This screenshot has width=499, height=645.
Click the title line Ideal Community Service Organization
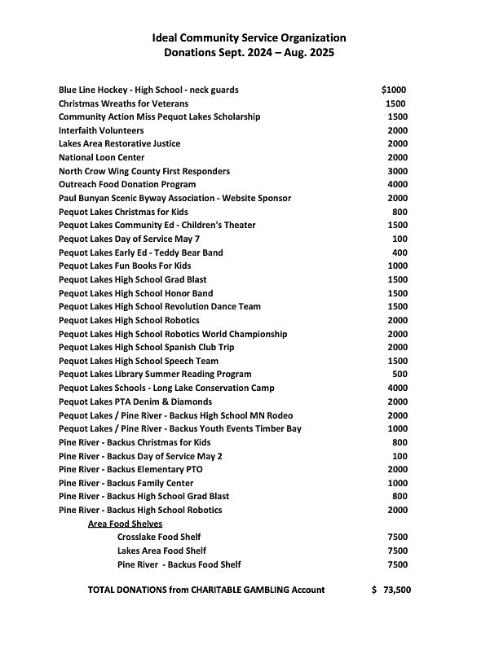(x=249, y=38)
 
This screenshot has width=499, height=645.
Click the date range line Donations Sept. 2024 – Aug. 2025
(x=249, y=53)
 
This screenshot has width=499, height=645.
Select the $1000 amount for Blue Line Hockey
(x=393, y=90)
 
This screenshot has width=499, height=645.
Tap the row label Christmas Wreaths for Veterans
(x=123, y=103)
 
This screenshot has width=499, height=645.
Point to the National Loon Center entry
(x=102, y=157)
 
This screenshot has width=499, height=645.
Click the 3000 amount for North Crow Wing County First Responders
(x=397, y=171)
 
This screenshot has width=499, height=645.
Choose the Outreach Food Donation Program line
(x=127, y=185)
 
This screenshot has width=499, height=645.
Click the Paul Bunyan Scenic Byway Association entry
(x=174, y=198)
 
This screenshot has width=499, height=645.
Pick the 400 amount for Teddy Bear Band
(x=400, y=252)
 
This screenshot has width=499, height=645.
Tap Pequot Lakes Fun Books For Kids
(x=125, y=266)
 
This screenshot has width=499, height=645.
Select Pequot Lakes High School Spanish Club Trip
(x=147, y=348)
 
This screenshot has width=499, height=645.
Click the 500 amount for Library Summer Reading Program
(x=400, y=375)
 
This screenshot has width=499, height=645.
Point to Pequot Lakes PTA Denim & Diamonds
(x=135, y=401)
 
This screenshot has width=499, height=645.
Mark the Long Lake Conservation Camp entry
(x=166, y=388)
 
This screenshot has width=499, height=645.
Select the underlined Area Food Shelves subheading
(x=125, y=524)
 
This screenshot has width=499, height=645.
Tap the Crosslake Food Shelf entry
(x=159, y=537)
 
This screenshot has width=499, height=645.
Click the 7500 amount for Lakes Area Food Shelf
(x=397, y=551)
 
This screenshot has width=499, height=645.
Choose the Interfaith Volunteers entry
(x=101, y=130)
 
